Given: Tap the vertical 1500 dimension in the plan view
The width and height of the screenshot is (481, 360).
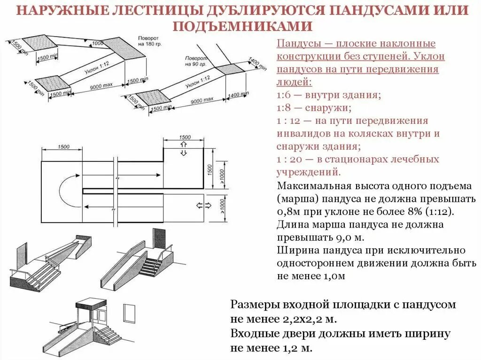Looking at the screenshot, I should click(x=210, y=168).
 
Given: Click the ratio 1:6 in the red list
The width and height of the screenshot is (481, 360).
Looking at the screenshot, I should click(x=284, y=95).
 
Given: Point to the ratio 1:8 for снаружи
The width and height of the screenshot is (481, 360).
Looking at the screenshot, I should click(x=284, y=108).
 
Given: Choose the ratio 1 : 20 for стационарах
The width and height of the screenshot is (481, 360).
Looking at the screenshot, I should click(x=287, y=159).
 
